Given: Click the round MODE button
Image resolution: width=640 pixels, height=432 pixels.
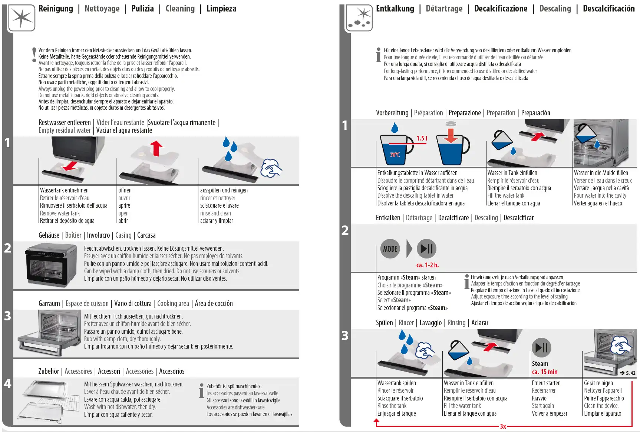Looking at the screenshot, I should coord(390,249).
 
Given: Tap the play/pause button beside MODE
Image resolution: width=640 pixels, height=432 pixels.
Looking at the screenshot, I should coord(426,249).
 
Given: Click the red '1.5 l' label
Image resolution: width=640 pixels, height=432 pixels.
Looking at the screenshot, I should coord(422,138).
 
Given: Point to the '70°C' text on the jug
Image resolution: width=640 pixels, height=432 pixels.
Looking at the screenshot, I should coord(395,155).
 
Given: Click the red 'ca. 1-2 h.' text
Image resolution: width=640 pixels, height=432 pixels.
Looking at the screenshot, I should coord(427,265).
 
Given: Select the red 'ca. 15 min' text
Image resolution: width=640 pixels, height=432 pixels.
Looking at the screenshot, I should coord(544,372).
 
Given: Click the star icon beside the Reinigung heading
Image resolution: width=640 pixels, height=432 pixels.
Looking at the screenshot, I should coord(22,17).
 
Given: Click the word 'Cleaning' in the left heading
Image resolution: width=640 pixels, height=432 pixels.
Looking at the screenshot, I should coord(180,9).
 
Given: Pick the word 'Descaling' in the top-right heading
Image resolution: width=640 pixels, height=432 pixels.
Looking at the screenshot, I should coord(555,9).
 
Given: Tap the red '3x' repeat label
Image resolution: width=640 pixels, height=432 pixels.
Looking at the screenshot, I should coord(503,426).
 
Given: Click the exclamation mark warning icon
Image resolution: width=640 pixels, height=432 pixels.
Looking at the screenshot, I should coord(34,55).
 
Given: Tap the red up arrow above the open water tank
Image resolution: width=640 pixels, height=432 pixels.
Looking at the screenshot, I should coord(156,148).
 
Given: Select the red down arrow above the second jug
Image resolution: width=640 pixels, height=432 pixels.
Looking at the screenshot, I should coord(451,135).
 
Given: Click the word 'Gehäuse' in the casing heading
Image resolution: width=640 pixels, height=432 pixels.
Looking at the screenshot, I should coord(49,235).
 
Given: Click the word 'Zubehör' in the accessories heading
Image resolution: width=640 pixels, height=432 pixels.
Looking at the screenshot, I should coord(49,371).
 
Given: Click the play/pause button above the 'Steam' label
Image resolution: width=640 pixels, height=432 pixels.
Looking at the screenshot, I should coord(541,347).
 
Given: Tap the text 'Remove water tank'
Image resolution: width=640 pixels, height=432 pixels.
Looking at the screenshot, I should coord(60,213).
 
